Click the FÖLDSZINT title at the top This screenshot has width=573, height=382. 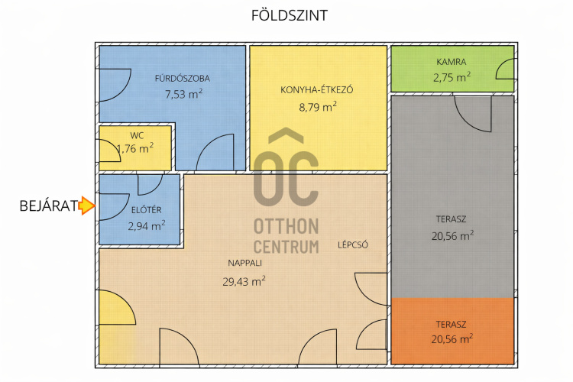290,15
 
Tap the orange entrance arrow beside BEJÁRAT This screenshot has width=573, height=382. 87,206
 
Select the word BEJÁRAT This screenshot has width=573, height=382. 49,206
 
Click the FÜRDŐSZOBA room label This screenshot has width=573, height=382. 182,78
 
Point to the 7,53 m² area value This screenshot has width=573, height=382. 183,94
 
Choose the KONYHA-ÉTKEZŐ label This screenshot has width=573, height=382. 317,89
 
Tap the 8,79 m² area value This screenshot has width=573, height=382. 318,107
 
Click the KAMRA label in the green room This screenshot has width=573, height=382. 452,62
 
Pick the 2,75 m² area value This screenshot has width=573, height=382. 452,77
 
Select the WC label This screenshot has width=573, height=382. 137,136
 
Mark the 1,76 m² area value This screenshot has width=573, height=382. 135,148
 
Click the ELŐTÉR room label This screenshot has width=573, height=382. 147,210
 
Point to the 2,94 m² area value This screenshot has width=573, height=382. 146,225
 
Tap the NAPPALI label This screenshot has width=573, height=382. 244,263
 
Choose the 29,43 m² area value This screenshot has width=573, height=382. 244,281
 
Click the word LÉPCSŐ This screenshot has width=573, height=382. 353,245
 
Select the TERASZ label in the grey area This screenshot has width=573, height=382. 451,219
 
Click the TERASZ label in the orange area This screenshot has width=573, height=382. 451,324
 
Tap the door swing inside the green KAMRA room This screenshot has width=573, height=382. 505,70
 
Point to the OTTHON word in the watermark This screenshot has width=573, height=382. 286,227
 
